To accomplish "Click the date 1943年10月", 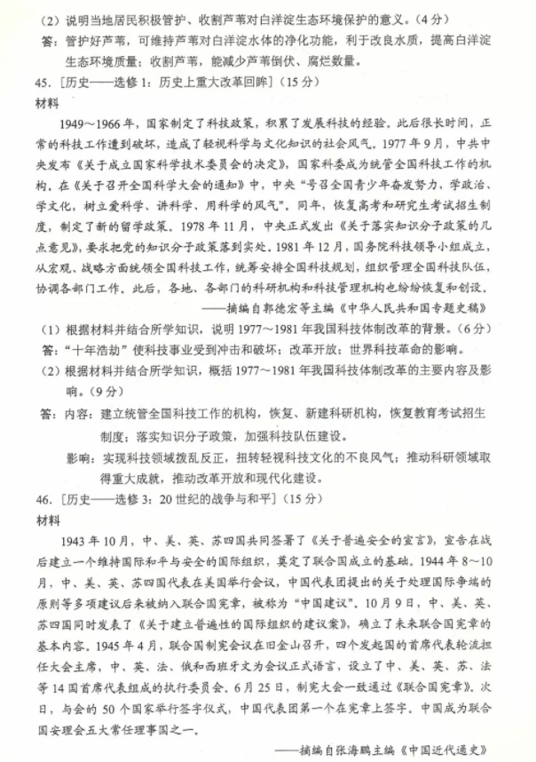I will coord(92,541).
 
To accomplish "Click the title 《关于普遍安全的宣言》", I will coord(352,541).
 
